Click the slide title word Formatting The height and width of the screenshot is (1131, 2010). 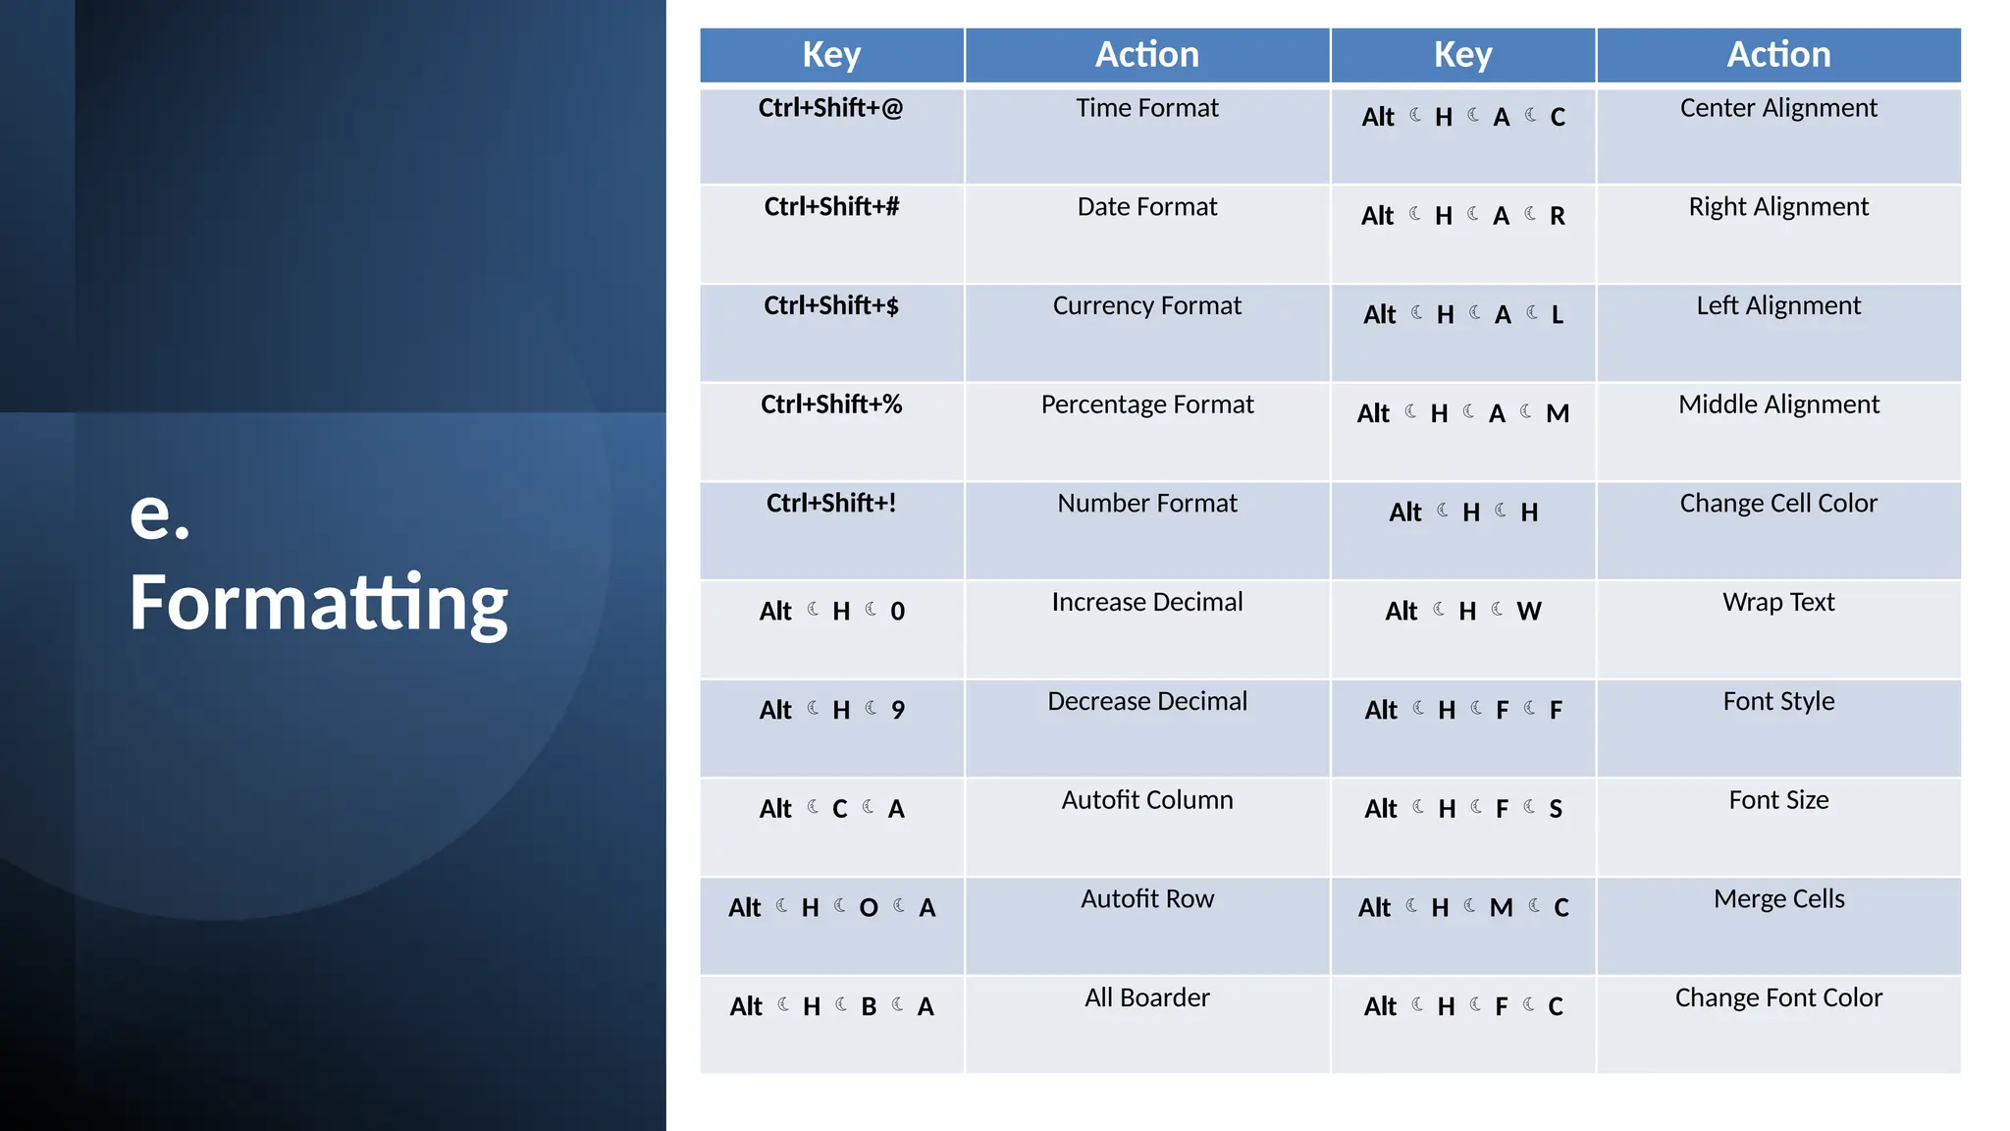point(318,603)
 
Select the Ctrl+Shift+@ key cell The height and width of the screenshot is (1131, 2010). point(830,108)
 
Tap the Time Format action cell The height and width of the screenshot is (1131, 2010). point(1146,108)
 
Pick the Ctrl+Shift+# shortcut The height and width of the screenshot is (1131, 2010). point(830,207)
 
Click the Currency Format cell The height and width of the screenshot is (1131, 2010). point(1146,306)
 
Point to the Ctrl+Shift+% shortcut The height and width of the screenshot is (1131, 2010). point(830,404)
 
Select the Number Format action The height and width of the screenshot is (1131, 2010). point(1146,504)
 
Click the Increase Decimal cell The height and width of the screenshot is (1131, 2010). point(1146,602)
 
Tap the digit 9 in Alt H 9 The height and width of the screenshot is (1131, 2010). point(897,710)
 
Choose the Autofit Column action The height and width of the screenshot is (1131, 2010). point(1146,800)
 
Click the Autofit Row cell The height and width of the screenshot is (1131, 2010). point(1146,899)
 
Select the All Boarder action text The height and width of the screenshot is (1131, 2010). point(1146,997)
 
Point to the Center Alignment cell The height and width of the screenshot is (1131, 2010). point(1777,108)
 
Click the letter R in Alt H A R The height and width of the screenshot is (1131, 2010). point(1557,216)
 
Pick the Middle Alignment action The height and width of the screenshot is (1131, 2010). point(1777,404)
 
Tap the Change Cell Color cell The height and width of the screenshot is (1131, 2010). point(1777,504)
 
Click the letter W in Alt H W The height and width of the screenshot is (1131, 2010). point(1528,612)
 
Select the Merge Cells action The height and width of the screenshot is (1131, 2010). point(1777,899)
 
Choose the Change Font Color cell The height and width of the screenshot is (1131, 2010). point(1777,997)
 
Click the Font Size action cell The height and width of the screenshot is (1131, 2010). point(1777,800)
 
